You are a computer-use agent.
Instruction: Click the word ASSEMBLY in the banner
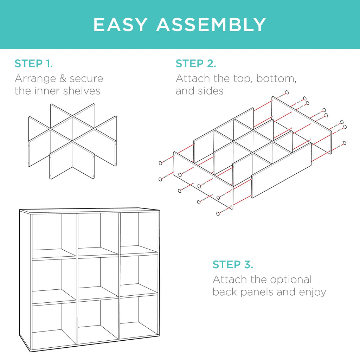(211, 24)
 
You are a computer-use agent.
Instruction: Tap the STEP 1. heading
(34, 64)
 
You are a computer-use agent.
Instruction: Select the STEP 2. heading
(196, 64)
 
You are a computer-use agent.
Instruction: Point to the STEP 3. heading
(233, 264)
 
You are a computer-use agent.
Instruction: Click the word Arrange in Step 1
(33, 78)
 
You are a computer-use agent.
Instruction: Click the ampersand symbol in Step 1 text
(62, 78)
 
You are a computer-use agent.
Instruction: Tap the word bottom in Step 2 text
(276, 78)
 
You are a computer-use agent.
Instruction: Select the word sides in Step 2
(211, 91)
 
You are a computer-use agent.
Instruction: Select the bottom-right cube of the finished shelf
(138, 318)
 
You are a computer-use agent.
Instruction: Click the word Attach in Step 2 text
(192, 78)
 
